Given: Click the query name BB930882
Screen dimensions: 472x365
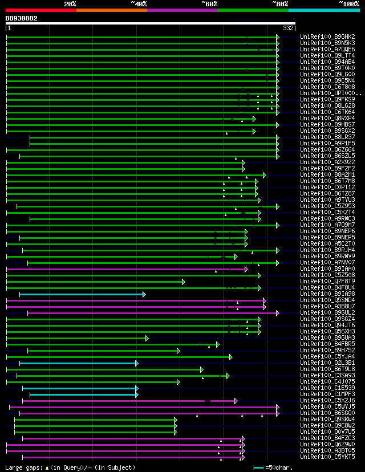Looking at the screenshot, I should pos(21,18).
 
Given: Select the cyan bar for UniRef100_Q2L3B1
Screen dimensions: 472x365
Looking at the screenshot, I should pos(78,363).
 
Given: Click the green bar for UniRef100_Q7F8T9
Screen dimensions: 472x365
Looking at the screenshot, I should pos(94,282).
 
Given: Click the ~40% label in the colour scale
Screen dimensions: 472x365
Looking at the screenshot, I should pos(139,4).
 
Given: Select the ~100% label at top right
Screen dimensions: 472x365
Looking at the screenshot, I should pos(348,4).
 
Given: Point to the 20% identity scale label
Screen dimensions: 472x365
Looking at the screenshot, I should pos(70,4).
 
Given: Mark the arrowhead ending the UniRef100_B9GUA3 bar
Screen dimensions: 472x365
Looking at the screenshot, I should pos(147,338).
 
